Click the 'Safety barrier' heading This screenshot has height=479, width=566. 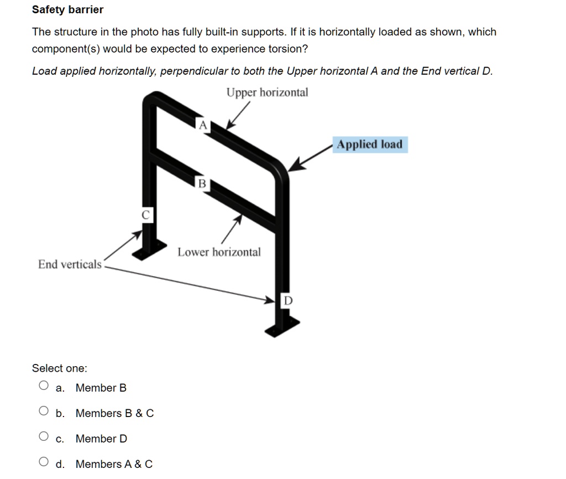click(67, 9)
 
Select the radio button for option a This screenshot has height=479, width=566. click(44, 386)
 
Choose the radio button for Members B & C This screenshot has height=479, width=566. click(44, 412)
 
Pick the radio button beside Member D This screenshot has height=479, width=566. click(44, 437)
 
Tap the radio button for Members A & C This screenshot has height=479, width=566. click(44, 462)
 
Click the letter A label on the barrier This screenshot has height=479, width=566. click(203, 126)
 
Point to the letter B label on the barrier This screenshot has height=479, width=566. click(202, 184)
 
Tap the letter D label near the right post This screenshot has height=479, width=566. click(288, 301)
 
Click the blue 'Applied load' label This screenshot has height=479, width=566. click(370, 145)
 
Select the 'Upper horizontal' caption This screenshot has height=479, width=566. click(267, 92)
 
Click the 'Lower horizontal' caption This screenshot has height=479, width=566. click(219, 252)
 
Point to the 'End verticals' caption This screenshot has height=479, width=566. click(70, 264)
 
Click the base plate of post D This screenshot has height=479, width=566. click(282, 326)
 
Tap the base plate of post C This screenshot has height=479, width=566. click(148, 250)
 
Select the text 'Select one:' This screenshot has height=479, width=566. click(60, 368)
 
